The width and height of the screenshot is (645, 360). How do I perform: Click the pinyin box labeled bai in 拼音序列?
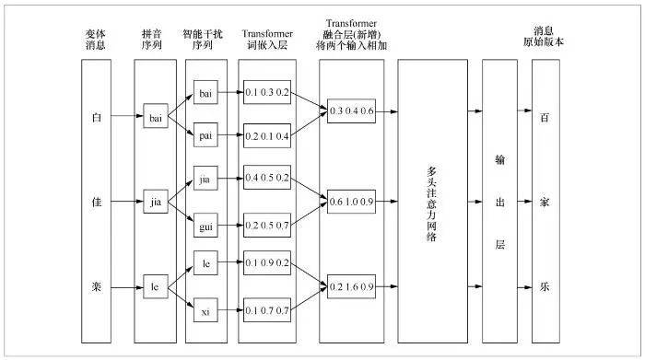pos(155,117)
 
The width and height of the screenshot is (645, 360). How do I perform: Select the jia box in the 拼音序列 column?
pos(155,199)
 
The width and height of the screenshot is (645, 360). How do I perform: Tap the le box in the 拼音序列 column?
pos(155,286)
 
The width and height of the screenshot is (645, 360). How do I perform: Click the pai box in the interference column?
pos(205,136)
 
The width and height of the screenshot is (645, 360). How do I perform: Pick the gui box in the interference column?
pos(205,223)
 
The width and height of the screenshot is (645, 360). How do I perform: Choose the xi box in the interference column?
pos(205,312)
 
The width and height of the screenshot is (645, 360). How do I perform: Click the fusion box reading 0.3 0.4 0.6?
pos(352,112)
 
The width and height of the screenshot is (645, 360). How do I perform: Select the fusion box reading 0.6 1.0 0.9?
pos(352,199)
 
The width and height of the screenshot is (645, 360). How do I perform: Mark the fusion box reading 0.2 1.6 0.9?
pos(352,286)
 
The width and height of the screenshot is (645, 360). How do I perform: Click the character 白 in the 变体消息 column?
pos(98,118)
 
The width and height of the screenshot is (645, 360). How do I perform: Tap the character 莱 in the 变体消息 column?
pos(98,286)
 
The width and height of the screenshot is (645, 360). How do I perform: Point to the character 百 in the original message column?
pos(545,117)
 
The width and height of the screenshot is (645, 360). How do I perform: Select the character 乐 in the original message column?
pos(545,286)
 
